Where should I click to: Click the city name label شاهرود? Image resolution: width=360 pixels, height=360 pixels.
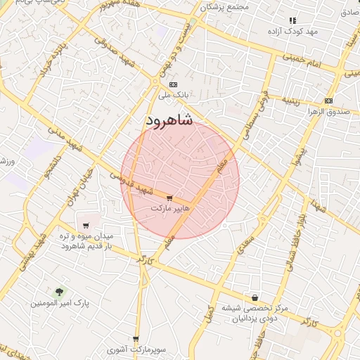(169, 120)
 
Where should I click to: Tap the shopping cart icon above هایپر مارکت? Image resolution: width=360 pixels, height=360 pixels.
(169, 198)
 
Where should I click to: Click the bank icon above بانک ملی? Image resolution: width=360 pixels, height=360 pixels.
(174, 84)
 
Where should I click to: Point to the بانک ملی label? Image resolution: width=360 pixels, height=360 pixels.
(174, 94)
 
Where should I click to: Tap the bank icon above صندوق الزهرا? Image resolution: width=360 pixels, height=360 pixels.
(329, 101)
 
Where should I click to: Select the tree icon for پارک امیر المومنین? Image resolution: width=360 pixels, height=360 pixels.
(59, 291)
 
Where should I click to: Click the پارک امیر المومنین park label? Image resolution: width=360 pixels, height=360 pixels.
(59, 302)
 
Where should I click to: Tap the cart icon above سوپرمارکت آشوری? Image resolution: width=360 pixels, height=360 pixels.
(136, 339)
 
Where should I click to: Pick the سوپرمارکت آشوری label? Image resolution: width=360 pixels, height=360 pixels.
(136, 349)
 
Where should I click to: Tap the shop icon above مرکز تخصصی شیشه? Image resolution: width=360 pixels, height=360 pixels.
(254, 297)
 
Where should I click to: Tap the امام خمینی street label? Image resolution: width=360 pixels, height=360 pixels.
(303, 60)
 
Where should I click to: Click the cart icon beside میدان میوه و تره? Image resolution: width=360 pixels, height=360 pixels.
(86, 226)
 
